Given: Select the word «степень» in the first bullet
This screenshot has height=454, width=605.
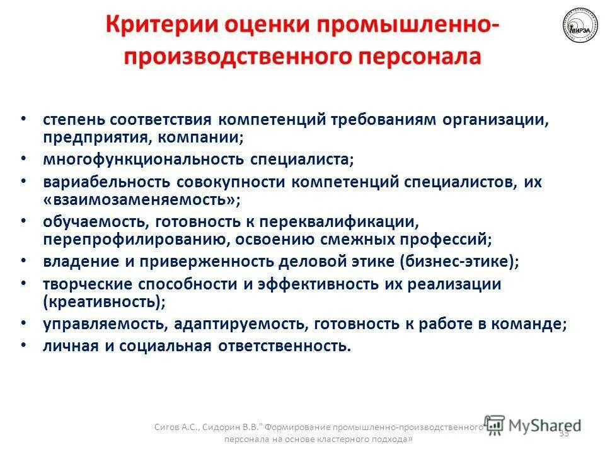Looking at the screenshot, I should [x=73, y=120].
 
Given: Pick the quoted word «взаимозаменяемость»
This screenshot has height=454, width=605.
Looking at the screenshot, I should [x=142, y=200].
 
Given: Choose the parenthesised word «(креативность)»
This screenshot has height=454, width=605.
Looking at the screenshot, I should [x=105, y=301].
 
